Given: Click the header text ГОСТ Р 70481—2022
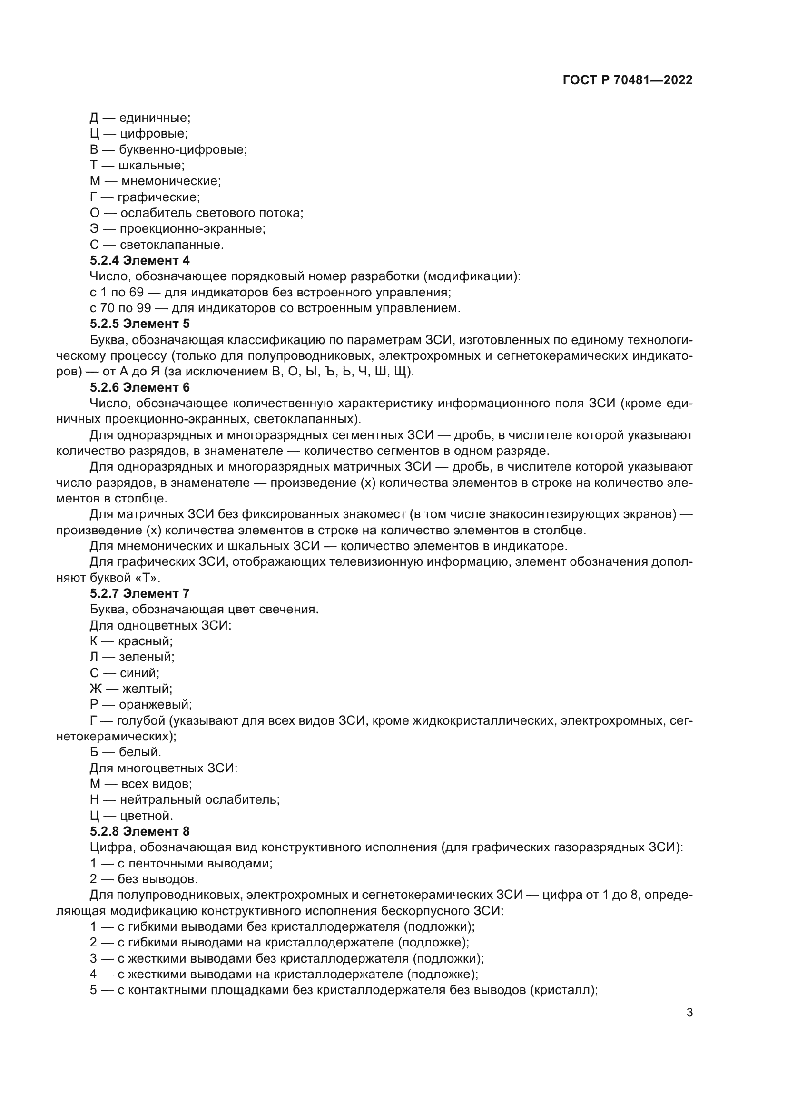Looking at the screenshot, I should tap(628, 80).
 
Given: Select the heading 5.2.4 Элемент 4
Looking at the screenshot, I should tap(139, 260).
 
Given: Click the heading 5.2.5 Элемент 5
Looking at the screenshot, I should tap(139, 323).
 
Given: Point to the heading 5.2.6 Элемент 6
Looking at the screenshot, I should tap(139, 387).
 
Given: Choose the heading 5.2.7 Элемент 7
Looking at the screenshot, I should tap(139, 593).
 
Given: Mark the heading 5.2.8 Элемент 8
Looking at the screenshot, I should tap(139, 831).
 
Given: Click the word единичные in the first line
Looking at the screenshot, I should tap(155, 118).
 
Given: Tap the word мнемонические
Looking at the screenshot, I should tap(171, 181).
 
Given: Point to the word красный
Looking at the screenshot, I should tap(146, 641).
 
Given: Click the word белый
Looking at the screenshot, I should tap(140, 752).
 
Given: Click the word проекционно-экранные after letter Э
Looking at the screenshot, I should tap(192, 229).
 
